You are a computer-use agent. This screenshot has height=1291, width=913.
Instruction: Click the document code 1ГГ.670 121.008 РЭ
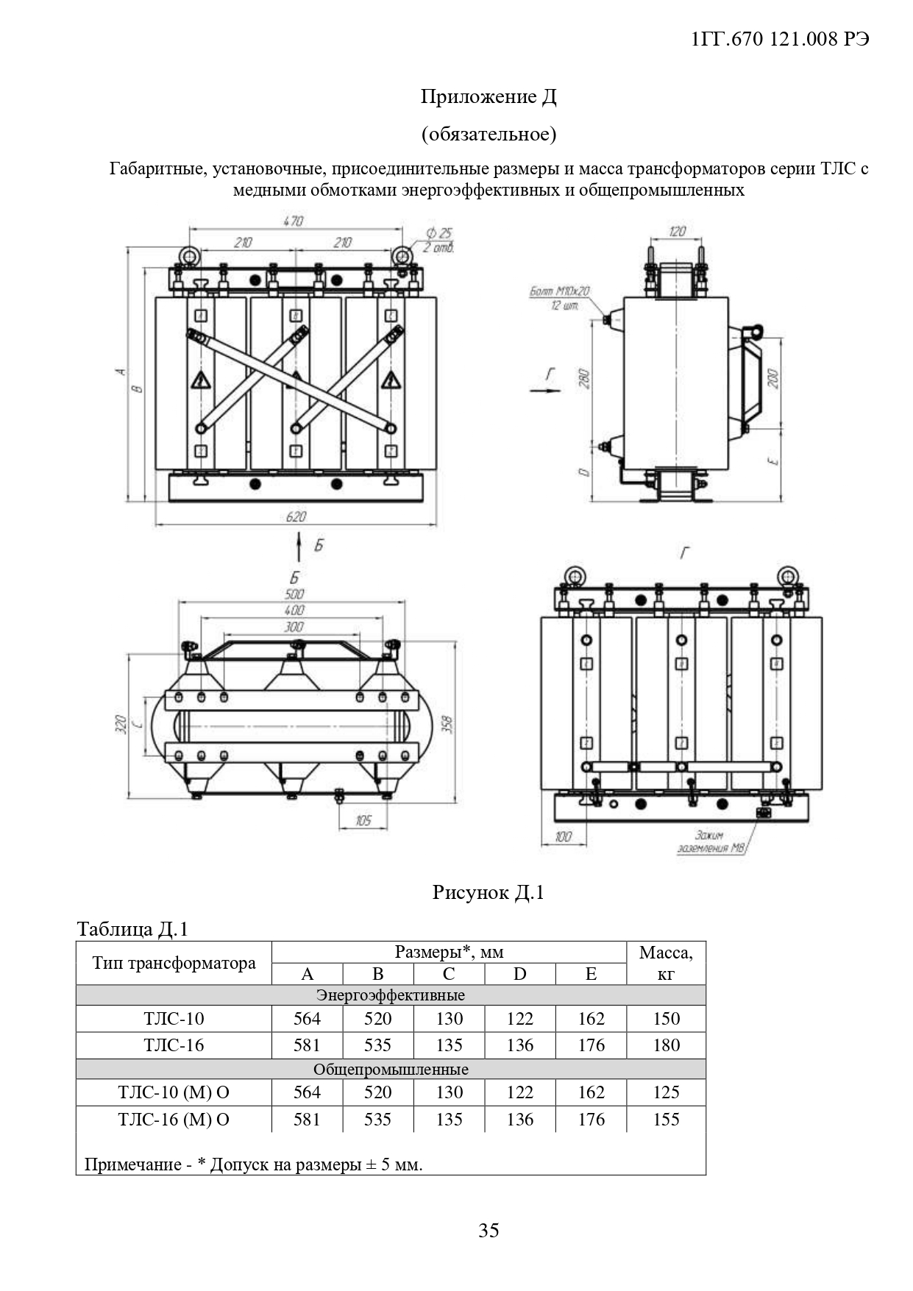pyautogui.click(x=781, y=40)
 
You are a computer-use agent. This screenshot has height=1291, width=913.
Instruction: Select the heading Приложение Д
pyautogui.click(x=488, y=96)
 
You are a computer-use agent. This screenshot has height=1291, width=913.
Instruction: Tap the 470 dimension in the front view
pyautogui.click(x=293, y=221)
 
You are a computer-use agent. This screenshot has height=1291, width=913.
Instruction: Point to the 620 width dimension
pyautogui.click(x=296, y=516)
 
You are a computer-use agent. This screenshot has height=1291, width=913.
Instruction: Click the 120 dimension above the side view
pyautogui.click(x=677, y=231)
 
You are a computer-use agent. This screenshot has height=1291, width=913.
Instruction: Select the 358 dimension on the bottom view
pyautogui.click(x=447, y=724)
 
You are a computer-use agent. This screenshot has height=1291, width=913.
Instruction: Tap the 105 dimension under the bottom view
pyautogui.click(x=363, y=820)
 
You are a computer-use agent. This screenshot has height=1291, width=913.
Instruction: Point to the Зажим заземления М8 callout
pyautogui.click(x=710, y=842)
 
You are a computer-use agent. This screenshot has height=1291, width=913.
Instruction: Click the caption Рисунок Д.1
pyautogui.click(x=488, y=892)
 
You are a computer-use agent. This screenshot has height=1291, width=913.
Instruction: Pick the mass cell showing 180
pyautogui.click(x=666, y=1045)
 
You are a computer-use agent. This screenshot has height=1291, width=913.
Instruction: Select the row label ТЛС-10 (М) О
pyautogui.click(x=174, y=1092)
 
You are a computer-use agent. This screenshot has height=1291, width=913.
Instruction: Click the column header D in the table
pyautogui.click(x=519, y=974)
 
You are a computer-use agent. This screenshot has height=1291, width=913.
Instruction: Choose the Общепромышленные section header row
pyautogui.click(x=391, y=1069)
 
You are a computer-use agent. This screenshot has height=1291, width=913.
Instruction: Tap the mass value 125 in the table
pyautogui.click(x=666, y=1092)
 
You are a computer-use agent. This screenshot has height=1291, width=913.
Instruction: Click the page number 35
pyautogui.click(x=489, y=1230)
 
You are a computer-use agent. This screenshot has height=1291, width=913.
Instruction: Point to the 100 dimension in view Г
pyautogui.click(x=563, y=836)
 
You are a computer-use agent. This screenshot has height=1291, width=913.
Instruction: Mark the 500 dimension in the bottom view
pyautogui.click(x=294, y=594)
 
